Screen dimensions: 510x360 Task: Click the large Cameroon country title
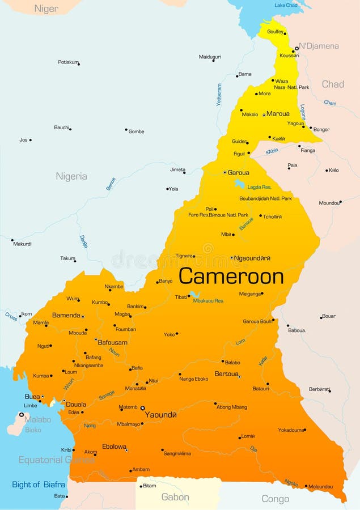[231, 277]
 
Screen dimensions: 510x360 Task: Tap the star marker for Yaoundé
[143, 407]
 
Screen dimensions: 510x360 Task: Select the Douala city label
[76, 405]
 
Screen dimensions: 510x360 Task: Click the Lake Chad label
[286, 5]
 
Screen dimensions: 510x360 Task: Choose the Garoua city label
[238, 172]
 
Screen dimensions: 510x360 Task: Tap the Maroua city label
[278, 114]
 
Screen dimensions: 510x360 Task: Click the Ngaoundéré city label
[252, 258]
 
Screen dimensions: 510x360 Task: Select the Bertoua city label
[227, 374]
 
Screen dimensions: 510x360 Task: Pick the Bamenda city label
[66, 315]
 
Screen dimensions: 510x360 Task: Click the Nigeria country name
[71, 176]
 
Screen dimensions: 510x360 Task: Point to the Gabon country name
[175, 497]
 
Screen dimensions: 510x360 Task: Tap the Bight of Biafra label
[39, 484]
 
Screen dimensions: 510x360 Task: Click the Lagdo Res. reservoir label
[259, 187]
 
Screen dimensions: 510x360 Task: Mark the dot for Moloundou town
[307, 486]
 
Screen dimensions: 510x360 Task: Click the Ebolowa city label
[114, 447]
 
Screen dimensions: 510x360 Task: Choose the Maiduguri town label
[210, 57]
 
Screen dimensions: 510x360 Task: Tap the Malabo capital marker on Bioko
[22, 415]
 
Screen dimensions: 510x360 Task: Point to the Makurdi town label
[22, 244]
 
